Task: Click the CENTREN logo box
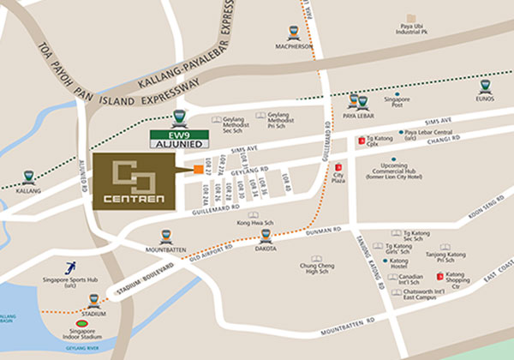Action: pos(132,182)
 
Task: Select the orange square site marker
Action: pos(198,169)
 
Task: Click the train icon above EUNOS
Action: pos(485,87)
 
